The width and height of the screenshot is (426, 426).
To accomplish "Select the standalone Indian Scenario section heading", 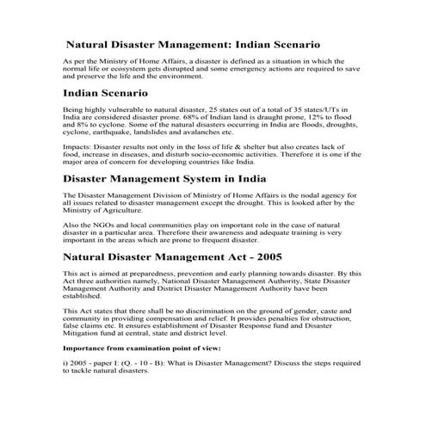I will pos(106,91).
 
